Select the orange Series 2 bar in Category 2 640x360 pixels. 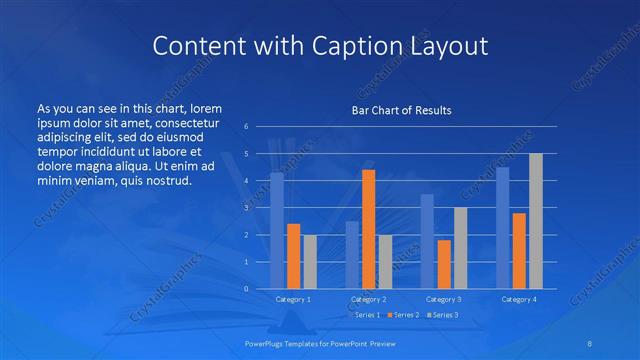pyautogui.click(x=369, y=229)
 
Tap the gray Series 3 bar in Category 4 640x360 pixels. pyautogui.click(x=536, y=221)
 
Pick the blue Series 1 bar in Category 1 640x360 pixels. pyautogui.click(x=277, y=231)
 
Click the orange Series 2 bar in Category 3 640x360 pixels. pyautogui.click(x=444, y=264)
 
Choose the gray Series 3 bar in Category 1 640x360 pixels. pyautogui.click(x=310, y=261)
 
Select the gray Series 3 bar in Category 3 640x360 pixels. pyautogui.click(x=461, y=248)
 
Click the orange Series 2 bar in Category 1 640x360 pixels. pyautogui.click(x=293, y=256)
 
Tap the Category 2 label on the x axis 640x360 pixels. pyautogui.click(x=369, y=299)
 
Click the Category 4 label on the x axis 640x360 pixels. pyautogui.click(x=519, y=299)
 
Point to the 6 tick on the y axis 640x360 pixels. pyautogui.click(x=246, y=127)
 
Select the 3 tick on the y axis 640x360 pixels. pyautogui.click(x=246, y=208)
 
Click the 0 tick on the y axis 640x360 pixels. pyautogui.click(x=246, y=289)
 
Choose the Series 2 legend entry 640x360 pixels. pyautogui.click(x=401, y=315)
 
